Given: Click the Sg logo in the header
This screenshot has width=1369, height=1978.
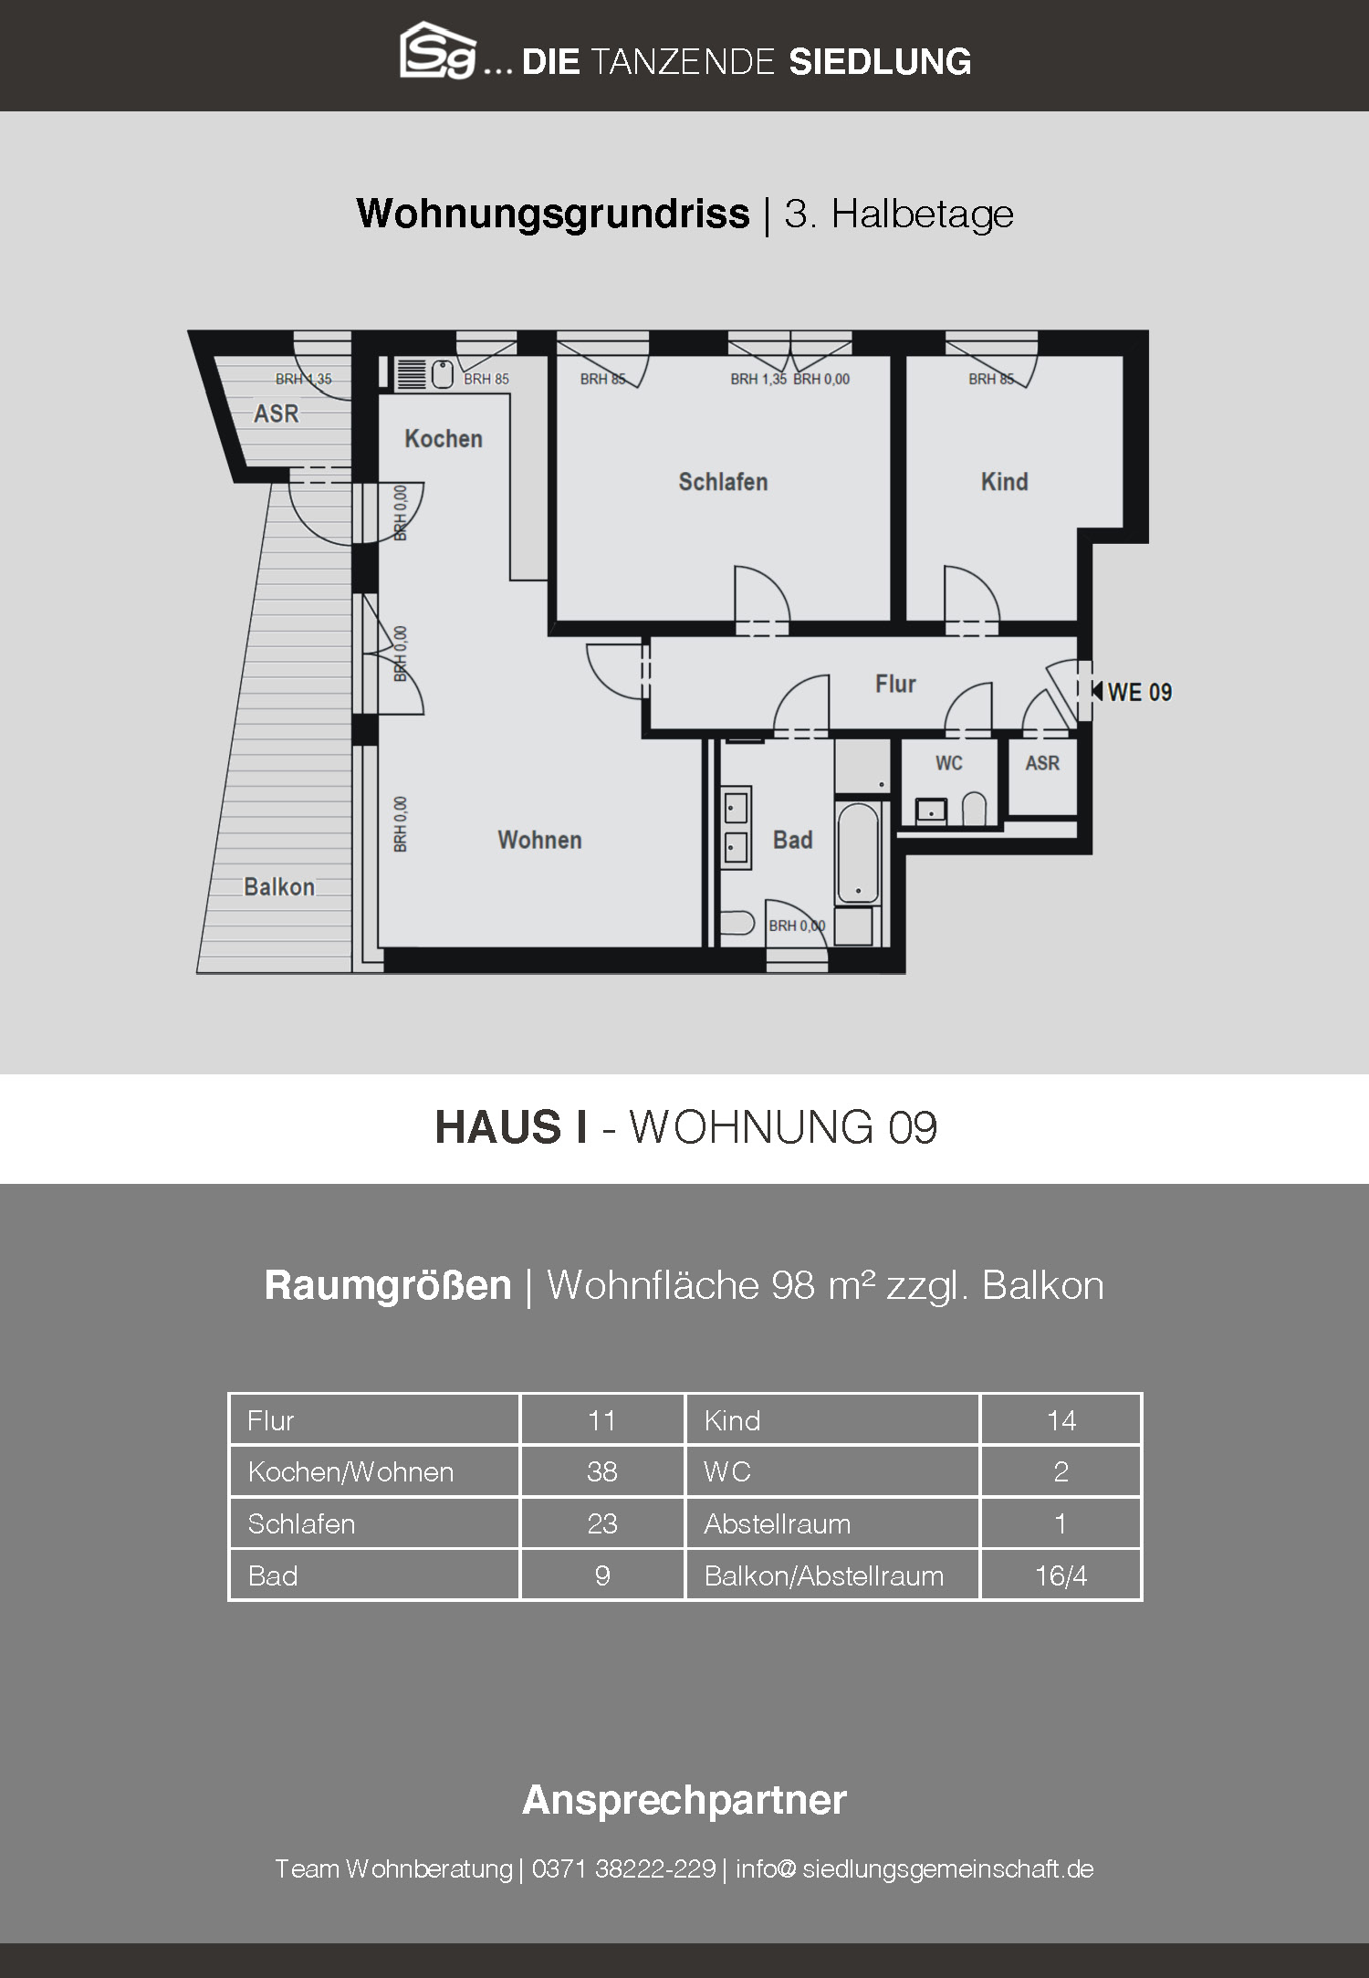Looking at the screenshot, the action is click(x=439, y=51).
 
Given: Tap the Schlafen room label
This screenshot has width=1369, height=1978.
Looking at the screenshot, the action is click(x=723, y=481).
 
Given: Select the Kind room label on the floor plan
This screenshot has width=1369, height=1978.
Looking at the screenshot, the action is click(x=1004, y=481).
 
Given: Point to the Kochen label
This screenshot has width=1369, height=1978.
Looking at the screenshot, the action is click(x=444, y=438).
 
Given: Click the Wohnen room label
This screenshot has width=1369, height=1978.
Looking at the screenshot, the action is click(x=539, y=840).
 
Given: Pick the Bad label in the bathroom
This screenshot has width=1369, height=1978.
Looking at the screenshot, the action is click(x=792, y=840).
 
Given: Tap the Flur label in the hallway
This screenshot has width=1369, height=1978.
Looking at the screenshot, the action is click(x=895, y=684).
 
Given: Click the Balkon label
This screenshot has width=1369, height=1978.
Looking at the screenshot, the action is click(x=279, y=886).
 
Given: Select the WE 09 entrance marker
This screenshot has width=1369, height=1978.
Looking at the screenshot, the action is click(x=1132, y=692).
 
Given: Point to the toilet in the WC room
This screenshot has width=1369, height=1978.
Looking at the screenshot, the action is click(x=974, y=808).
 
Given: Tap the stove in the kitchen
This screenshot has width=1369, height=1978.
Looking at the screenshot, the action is click(x=412, y=374).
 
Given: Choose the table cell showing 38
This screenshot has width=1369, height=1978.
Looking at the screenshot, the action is click(x=602, y=1471).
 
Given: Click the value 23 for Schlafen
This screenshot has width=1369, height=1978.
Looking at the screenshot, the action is click(x=602, y=1523).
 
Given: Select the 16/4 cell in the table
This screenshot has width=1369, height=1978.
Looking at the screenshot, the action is click(x=1061, y=1575).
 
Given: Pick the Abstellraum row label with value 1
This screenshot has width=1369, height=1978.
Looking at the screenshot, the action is click(x=777, y=1523).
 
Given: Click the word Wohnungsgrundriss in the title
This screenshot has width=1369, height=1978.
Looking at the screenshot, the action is click(x=553, y=215).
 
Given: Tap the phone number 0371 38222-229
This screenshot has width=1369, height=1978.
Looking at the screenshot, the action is click(x=623, y=1868).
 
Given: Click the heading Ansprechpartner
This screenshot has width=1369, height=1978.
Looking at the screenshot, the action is click(x=684, y=1800).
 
